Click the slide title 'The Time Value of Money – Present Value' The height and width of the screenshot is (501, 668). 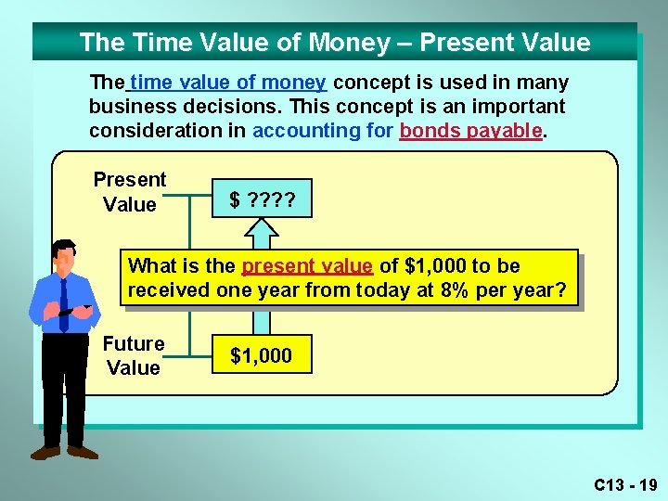click(334, 43)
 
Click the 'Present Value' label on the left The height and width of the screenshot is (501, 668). click(130, 192)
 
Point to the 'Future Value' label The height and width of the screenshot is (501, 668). click(134, 355)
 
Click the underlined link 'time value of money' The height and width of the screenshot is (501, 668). click(228, 83)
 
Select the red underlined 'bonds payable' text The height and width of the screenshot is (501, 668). click(471, 131)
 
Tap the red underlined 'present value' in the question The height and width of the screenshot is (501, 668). click(307, 266)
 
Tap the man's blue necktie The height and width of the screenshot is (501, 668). click(64, 307)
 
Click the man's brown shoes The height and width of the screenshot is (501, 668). click(65, 452)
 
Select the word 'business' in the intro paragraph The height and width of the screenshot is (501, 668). click(125, 107)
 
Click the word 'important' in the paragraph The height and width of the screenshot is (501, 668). click(519, 107)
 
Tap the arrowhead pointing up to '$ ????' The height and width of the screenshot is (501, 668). click(262, 225)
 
